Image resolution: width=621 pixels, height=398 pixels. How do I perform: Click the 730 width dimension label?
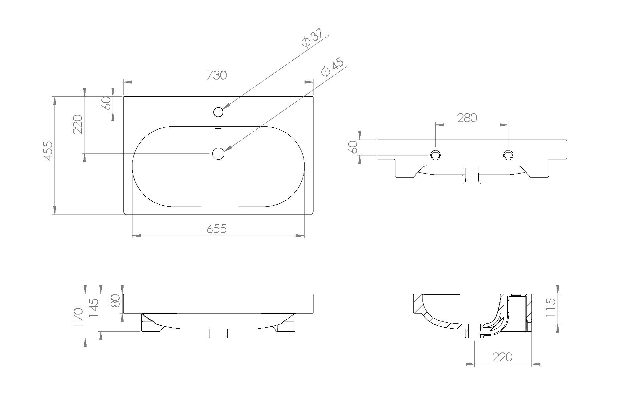coord(217,75)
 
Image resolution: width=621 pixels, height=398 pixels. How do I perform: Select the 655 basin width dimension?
coord(217,228)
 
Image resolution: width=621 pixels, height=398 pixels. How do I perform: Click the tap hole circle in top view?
coord(218,112)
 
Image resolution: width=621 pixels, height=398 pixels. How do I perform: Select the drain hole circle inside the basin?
coord(218,153)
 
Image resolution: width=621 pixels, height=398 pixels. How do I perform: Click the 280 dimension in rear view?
coord(467,118)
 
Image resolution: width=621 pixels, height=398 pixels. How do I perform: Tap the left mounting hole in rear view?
coord(435,155)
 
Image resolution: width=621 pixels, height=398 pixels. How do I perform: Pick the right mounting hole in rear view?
coord(508,155)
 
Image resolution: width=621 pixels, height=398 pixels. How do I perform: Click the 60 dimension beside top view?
coord(106,104)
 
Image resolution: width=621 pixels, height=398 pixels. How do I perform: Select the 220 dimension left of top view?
coord(78,124)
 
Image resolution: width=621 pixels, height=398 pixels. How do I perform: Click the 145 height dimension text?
coord(94,308)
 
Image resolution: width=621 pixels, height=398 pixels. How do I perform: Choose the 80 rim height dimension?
coord(115,301)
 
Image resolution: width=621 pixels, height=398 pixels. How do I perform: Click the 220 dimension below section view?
coord(502,357)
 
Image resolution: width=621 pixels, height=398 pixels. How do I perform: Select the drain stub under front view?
coord(218,333)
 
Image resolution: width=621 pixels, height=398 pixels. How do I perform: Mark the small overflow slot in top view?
coord(218,128)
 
